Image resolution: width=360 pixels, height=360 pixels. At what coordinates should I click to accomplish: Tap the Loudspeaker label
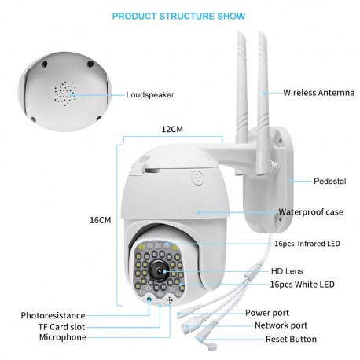point(150,94)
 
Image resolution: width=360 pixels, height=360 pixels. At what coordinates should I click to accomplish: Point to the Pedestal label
point(330,181)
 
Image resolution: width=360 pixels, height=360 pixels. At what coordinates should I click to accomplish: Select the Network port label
point(282,325)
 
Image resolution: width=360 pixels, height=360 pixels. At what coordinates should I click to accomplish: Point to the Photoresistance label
point(54,315)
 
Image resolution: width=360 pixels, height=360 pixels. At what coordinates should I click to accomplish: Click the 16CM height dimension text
point(99,220)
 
